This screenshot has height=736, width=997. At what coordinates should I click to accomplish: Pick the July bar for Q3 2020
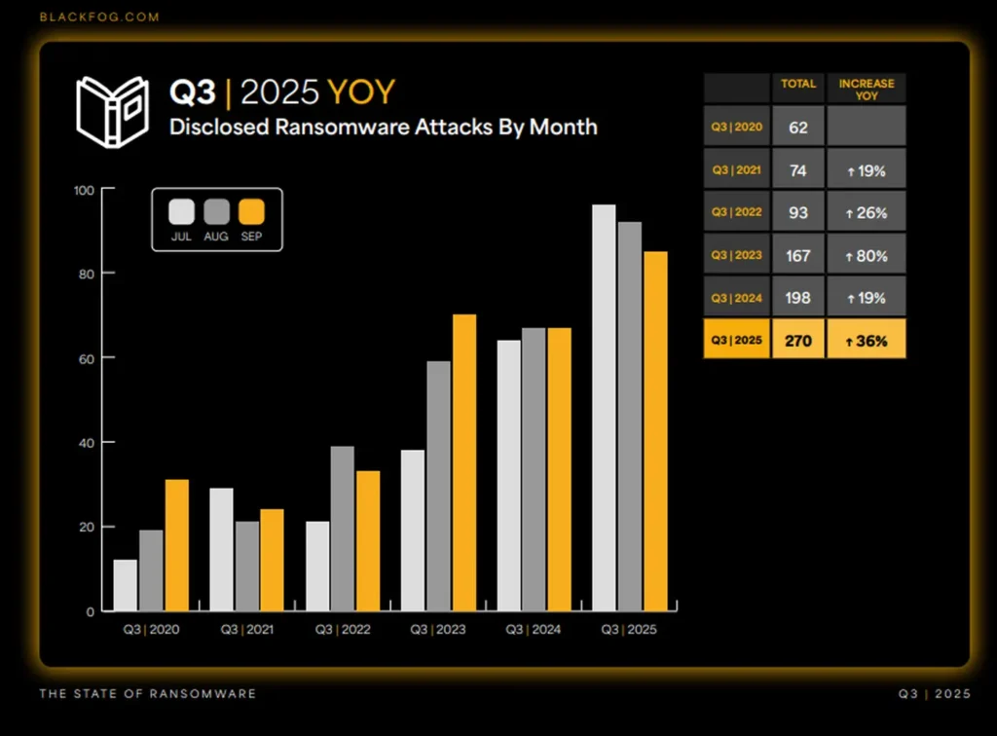coord(125,585)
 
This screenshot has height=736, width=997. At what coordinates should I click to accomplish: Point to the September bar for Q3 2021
coord(272,560)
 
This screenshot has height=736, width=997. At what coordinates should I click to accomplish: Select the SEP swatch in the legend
coord(252,212)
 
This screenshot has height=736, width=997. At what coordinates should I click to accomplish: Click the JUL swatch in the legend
coord(181,212)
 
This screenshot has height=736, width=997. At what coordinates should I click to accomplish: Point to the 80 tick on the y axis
coord(89,274)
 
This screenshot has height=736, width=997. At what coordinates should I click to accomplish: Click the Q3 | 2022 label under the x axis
coord(342,630)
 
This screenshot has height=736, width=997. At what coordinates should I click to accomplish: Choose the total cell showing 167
coord(798,254)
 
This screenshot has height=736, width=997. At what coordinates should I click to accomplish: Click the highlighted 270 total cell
coord(798,340)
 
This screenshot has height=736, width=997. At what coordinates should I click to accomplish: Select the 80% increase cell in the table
coord(866,254)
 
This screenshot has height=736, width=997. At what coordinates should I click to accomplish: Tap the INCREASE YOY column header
coord(866,89)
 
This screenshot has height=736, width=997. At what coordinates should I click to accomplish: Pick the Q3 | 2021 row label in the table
coord(736,169)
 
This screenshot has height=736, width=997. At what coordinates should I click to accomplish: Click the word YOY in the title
coord(361,92)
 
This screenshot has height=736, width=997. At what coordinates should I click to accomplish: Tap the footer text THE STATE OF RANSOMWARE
coord(147,694)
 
